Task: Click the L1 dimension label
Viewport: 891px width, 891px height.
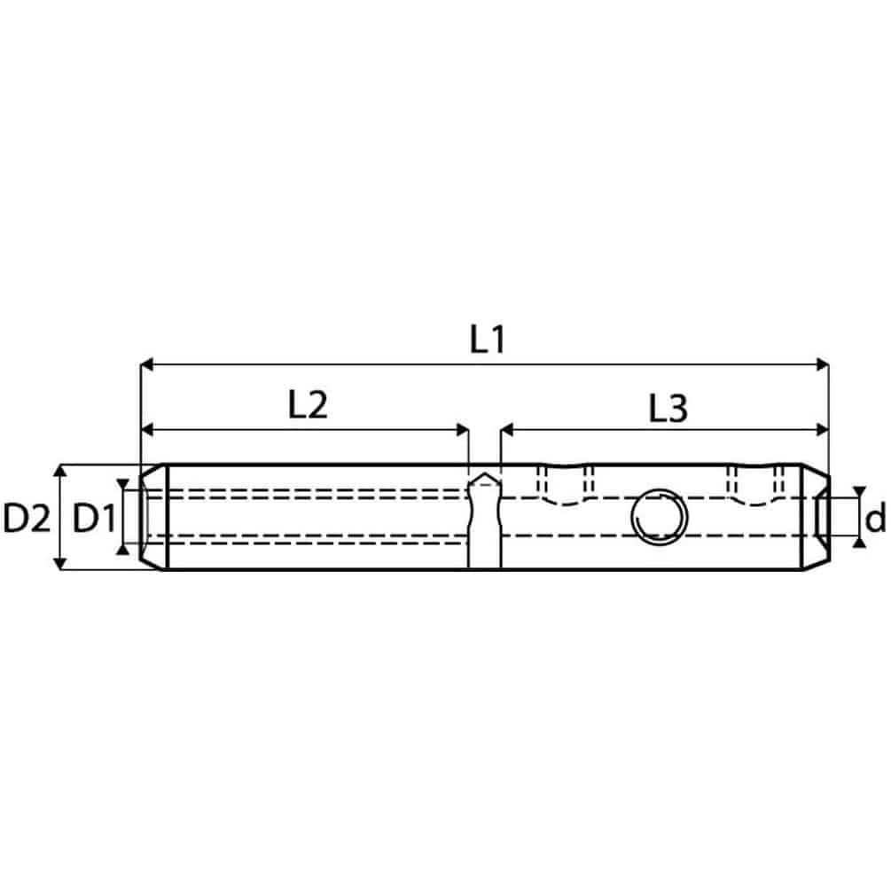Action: click(487, 340)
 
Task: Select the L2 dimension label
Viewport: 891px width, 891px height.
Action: click(308, 405)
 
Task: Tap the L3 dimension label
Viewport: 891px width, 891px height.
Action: click(668, 409)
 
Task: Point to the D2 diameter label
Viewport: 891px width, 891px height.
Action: click(27, 519)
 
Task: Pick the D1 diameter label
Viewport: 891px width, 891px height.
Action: click(94, 519)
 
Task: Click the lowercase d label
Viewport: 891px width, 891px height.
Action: click(874, 518)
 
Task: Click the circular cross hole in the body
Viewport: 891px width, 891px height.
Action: click(659, 517)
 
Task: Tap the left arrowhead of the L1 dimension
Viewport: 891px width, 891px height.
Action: click(147, 364)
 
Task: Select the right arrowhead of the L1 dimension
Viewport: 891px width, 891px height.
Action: click(822, 364)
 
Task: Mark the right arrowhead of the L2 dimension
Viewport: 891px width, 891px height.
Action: click(462, 430)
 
